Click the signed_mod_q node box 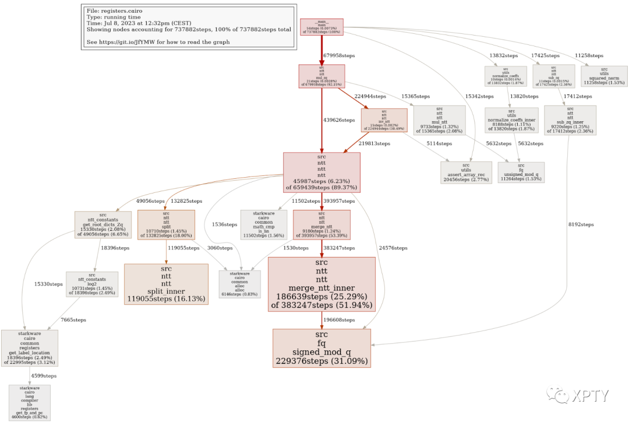point(321,348)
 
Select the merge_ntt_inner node point(321,284)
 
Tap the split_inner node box point(166,284)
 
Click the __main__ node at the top point(321,27)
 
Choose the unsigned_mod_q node point(521,172)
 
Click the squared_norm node point(604,75)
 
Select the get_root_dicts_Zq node point(103,225)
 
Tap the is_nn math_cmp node point(264,224)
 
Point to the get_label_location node point(30,348)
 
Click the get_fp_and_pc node point(30,402)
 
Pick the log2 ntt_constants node point(92,284)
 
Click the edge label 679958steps point(339,55)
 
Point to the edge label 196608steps point(339,320)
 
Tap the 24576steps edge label point(394,248)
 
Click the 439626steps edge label point(339,120)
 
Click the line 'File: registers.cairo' point(114,10)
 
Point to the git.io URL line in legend point(158,42)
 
